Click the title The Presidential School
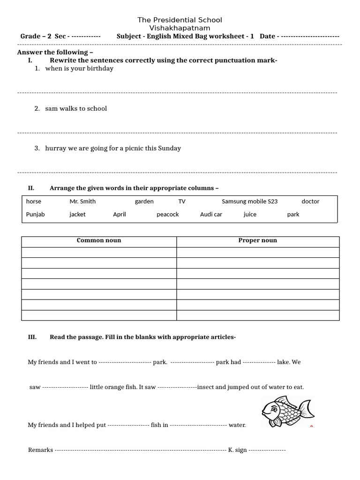[x=180, y=20]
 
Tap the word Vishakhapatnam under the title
[x=180, y=28]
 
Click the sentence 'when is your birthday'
[x=79, y=68]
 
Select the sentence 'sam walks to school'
[x=76, y=108]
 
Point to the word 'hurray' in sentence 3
[x=54, y=148]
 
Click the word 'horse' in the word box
[x=34, y=202]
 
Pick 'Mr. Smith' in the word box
[x=82, y=202]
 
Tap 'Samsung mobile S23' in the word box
[x=249, y=202]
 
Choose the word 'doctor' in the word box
[x=310, y=202]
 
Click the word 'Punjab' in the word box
[x=36, y=214]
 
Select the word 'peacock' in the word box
[x=167, y=214]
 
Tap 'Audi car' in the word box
[x=211, y=214]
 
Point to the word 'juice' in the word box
[x=250, y=214]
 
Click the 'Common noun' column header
[x=99, y=240]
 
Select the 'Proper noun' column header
[x=257, y=240]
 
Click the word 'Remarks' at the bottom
[x=40, y=450]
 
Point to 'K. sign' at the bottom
[x=237, y=450]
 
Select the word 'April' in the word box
[x=120, y=214]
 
